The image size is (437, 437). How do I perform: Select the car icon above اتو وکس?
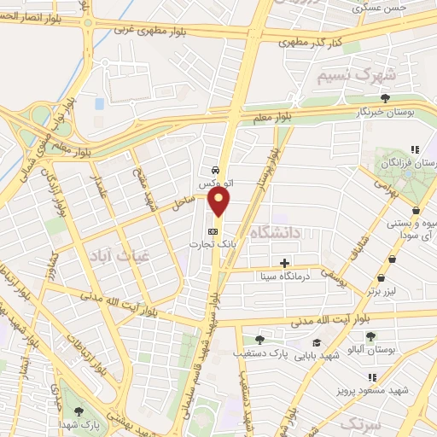coord(217,170)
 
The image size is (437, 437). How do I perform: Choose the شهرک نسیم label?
coord(347,75)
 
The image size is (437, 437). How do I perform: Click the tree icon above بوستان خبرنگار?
coord(385,98)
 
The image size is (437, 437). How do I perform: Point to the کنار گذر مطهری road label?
coord(313,40)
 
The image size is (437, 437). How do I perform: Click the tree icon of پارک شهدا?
coord(79,412)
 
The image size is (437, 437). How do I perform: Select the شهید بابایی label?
coord(314,352)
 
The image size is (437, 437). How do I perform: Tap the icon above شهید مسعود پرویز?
coord(371,376)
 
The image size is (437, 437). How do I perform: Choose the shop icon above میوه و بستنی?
coord(416,210)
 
